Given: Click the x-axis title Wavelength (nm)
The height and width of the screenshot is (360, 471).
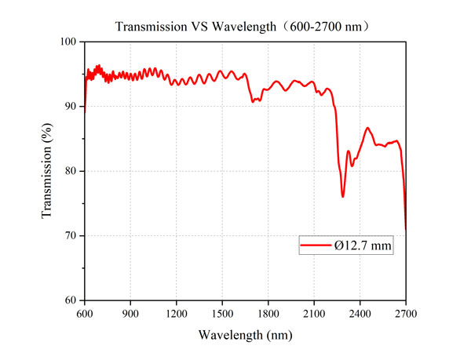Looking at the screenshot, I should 245,335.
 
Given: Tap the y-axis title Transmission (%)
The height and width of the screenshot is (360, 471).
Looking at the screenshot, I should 48,171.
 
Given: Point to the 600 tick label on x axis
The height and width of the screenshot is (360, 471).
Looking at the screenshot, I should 85,313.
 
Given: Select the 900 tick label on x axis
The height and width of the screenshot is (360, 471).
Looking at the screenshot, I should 131,313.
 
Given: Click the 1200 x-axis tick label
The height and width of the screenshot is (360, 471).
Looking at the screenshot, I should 177,313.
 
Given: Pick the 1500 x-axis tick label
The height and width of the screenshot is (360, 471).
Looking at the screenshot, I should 222,313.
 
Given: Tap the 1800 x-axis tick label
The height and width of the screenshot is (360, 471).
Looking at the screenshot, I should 268,313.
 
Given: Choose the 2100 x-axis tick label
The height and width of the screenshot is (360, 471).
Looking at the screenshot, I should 314,313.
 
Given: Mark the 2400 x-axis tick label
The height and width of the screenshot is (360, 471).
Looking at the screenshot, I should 360,313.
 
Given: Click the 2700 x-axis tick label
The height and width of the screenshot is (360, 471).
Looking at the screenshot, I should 406,313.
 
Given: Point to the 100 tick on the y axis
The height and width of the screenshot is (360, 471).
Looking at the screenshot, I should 70,42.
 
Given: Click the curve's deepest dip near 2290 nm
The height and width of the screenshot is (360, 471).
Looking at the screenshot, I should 343,196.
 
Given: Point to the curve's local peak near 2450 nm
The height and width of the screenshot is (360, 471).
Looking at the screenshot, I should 367,127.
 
